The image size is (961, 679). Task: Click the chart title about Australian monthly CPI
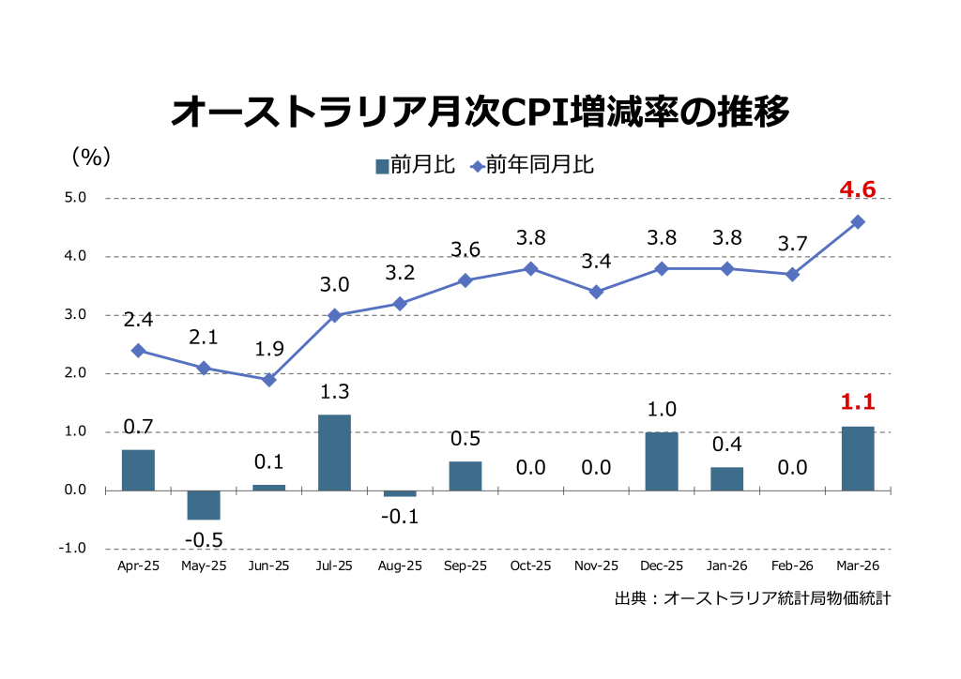click(x=480, y=112)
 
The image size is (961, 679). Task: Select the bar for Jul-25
click(x=334, y=452)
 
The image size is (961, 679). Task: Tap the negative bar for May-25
click(x=204, y=505)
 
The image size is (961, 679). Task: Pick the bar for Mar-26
click(x=858, y=459)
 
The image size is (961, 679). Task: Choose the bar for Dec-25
click(x=662, y=461)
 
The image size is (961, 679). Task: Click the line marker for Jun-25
click(x=269, y=380)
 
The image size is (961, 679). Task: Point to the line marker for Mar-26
click(x=858, y=222)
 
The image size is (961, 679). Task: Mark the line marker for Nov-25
click(x=596, y=292)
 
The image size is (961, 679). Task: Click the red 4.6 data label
click(x=858, y=190)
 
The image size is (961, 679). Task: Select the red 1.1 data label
click(x=858, y=402)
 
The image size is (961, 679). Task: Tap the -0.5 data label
click(x=204, y=540)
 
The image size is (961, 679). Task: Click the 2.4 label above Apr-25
click(x=138, y=320)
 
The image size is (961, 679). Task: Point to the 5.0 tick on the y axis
click(x=75, y=198)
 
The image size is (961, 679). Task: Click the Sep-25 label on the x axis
click(x=465, y=566)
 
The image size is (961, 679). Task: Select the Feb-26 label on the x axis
click(x=792, y=566)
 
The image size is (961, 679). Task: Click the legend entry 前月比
click(x=415, y=166)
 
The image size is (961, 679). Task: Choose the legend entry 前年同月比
click(x=532, y=166)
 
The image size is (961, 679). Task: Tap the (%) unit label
click(x=91, y=157)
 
